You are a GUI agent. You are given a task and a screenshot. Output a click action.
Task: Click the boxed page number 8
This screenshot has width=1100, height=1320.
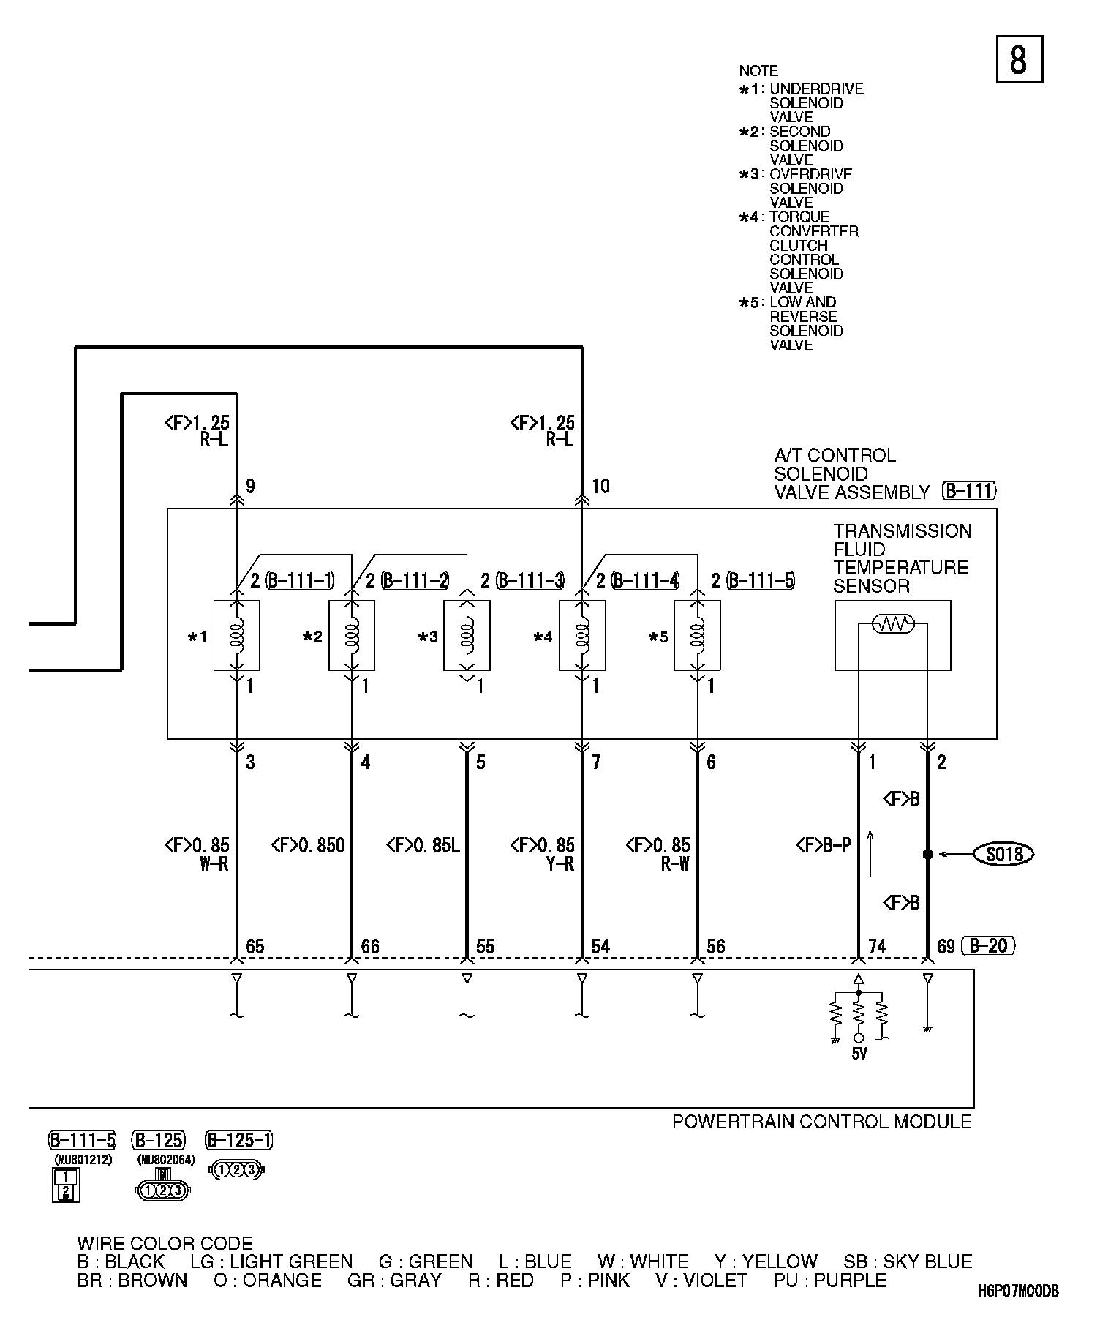point(1020,59)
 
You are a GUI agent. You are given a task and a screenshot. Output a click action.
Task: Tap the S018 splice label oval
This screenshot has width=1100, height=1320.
point(1003,854)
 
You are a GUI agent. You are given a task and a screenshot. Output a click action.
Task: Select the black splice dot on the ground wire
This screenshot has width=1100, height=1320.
point(927,854)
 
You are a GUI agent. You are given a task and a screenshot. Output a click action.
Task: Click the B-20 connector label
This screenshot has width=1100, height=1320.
point(988,946)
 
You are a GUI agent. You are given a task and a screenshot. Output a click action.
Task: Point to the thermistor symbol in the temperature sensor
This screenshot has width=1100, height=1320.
point(893,624)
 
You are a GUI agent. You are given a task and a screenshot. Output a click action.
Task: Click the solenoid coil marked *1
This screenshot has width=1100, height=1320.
point(236,635)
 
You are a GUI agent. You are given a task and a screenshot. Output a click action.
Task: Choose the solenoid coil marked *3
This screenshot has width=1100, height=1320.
point(467,635)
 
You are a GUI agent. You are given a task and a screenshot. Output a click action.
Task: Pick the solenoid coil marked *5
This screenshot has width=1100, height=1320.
point(697,635)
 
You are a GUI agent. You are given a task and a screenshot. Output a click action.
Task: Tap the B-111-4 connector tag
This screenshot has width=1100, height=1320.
point(646,581)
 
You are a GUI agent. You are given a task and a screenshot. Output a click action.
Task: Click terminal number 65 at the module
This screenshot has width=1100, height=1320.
point(255,946)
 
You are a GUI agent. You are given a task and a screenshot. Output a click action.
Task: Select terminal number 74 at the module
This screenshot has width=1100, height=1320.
point(877,946)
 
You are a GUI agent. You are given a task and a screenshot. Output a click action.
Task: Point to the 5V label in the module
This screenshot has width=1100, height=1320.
point(859,1054)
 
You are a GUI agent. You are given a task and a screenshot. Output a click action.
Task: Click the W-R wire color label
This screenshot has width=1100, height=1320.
point(214,864)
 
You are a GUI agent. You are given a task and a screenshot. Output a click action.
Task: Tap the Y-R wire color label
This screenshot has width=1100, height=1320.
point(560,864)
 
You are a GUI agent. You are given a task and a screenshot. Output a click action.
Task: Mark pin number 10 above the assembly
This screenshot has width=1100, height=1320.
point(600,486)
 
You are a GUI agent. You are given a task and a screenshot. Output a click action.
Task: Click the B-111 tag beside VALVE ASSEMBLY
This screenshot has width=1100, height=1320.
point(970,491)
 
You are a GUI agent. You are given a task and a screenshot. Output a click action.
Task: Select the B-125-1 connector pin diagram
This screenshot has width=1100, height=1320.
point(236,1170)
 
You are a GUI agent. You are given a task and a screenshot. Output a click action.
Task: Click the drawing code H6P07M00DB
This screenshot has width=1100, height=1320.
point(1017,1291)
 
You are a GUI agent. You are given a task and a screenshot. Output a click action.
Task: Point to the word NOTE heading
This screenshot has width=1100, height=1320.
point(758,71)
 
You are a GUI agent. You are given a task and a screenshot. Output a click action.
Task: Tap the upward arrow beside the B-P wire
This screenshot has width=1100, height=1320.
point(870,853)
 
